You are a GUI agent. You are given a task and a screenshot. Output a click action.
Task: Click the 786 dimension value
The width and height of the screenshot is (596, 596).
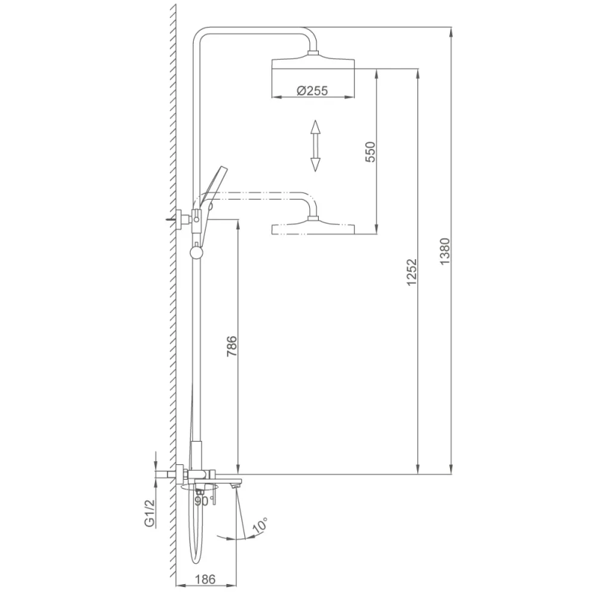coord(231,347)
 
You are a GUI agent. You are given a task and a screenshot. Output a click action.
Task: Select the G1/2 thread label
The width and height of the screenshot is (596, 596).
coord(150,513)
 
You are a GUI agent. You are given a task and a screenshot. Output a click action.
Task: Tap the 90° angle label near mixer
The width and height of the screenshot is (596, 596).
coord(201,501)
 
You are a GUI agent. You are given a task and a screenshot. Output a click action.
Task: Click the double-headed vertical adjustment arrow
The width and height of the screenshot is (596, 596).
coord(315,145)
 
